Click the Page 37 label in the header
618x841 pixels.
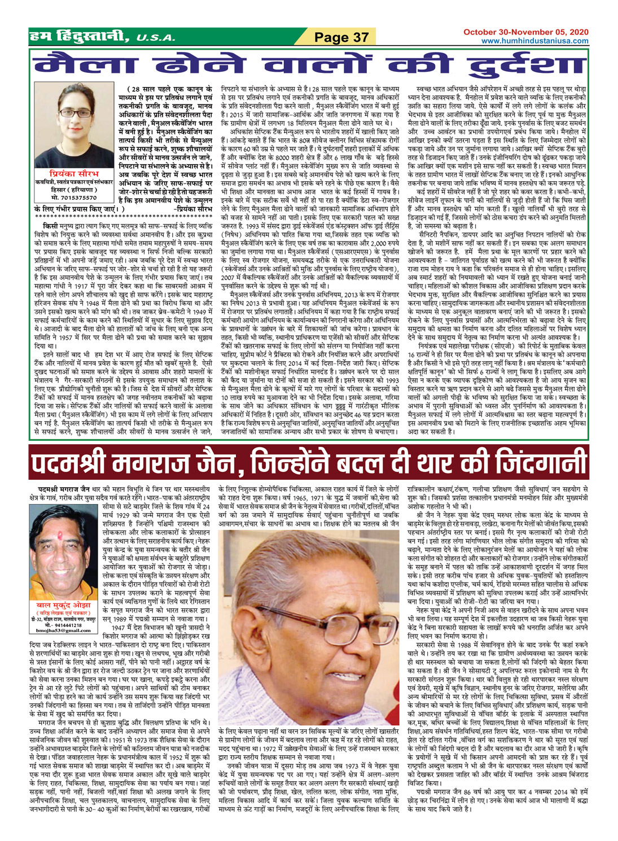(x=341, y=37)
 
